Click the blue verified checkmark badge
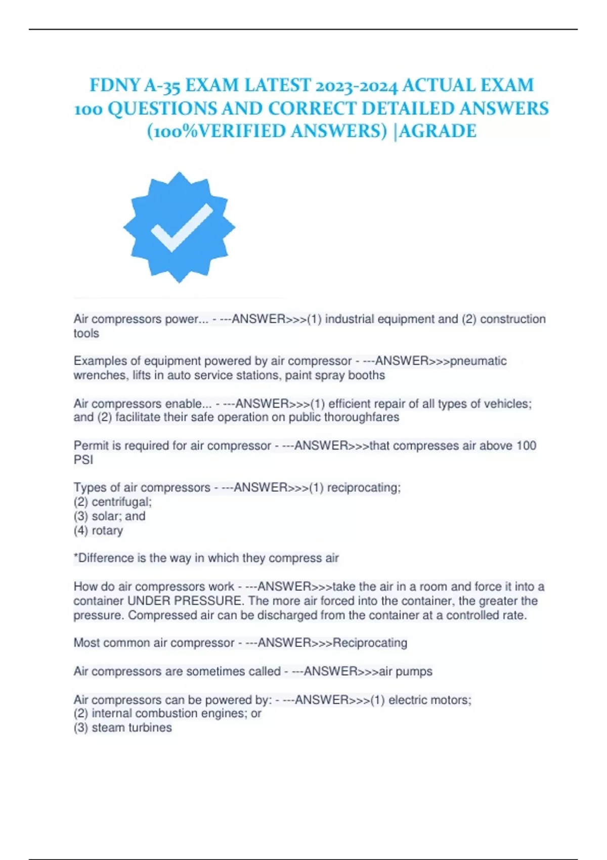click(x=179, y=227)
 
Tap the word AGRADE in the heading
click(x=438, y=131)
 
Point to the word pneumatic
click(x=478, y=361)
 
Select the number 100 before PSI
click(x=526, y=446)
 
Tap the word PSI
click(x=83, y=460)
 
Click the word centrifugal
click(x=121, y=502)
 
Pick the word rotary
click(x=107, y=530)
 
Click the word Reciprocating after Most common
click(x=370, y=642)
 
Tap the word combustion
click(x=162, y=713)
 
